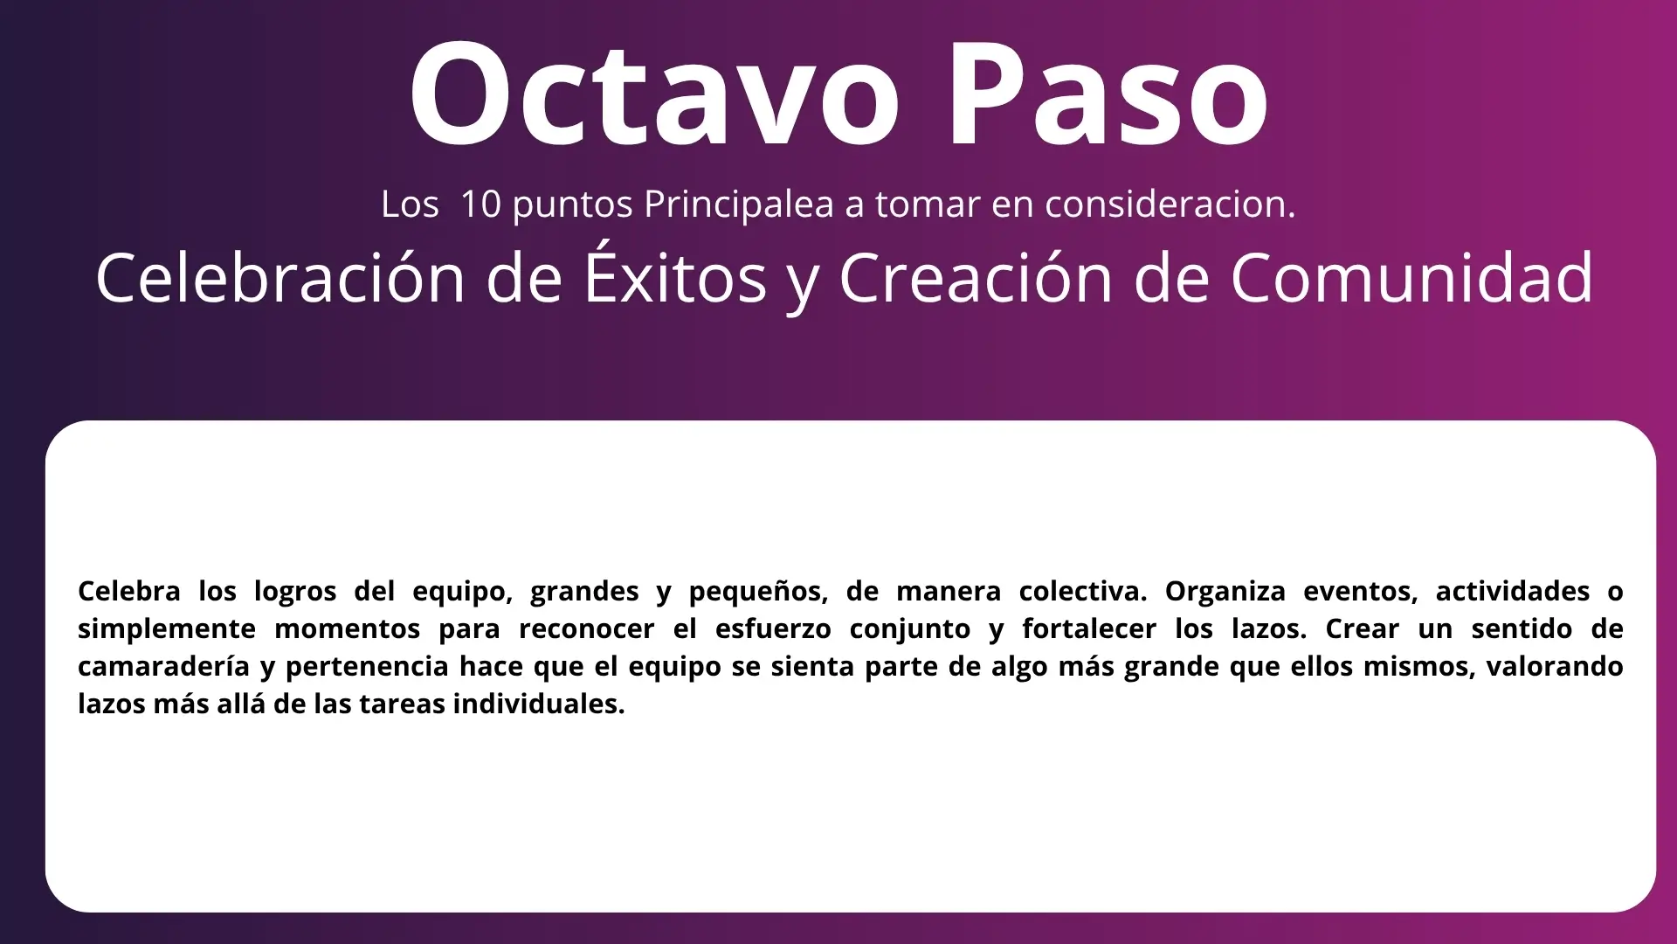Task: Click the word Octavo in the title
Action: coord(654,94)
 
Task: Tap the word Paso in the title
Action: coord(1108,94)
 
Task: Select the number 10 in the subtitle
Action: coord(480,204)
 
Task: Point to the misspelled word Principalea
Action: coord(739,205)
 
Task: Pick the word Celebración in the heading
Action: coord(280,278)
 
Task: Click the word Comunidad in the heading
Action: coord(1412,278)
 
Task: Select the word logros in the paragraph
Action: coord(295,593)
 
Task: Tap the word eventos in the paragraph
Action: coord(1361,593)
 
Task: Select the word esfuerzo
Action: coord(773,628)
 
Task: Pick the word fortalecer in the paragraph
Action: coord(1089,628)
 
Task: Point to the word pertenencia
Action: coord(367,668)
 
